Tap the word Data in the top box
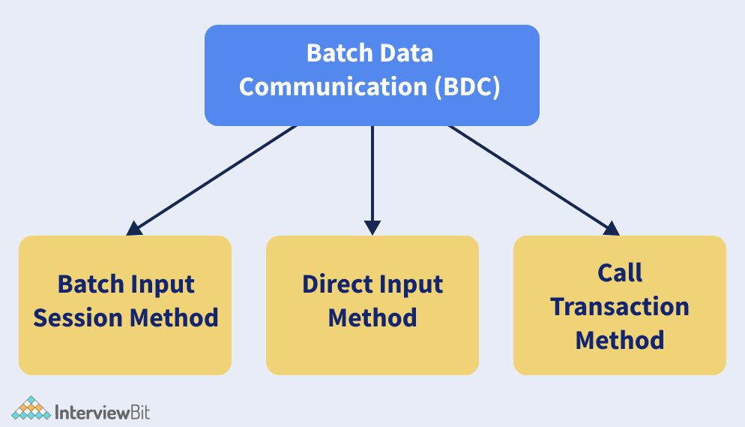pyautogui.click(x=407, y=54)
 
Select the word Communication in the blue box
pyautogui.click(x=333, y=86)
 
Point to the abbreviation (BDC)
pyautogui.click(x=466, y=86)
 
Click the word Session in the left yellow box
pyautogui.click(x=79, y=317)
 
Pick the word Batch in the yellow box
pyautogui.click(x=88, y=284)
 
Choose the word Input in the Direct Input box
pyautogui.click(x=410, y=284)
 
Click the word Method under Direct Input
pyautogui.click(x=372, y=317)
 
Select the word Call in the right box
pyautogui.click(x=620, y=273)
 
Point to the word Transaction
pyautogui.click(x=620, y=306)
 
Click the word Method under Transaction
pyautogui.click(x=620, y=339)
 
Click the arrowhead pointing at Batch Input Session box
pyautogui.click(x=135, y=228)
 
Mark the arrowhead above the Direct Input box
pyautogui.click(x=372, y=227)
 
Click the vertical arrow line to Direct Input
pyautogui.click(x=372, y=173)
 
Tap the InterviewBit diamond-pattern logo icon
pyautogui.click(x=31, y=409)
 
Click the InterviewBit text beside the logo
pyautogui.click(x=103, y=411)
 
